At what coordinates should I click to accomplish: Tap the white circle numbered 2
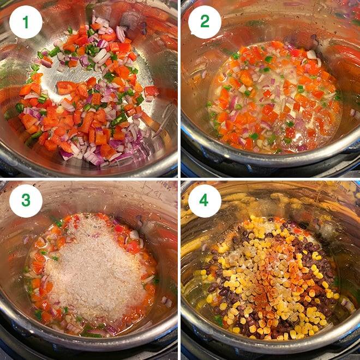205,22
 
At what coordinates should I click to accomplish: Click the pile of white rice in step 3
95,267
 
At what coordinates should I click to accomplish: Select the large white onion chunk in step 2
311,55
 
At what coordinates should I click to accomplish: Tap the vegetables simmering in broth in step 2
273,98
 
